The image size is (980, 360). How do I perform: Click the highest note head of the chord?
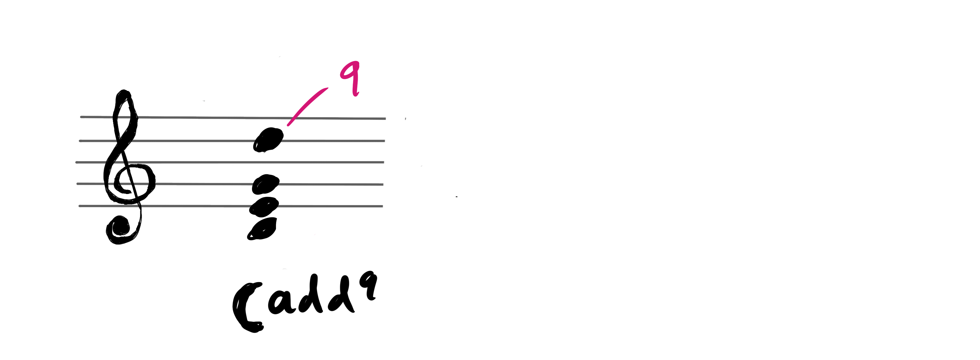(x=269, y=140)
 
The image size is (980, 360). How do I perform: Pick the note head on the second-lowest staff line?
(x=266, y=184)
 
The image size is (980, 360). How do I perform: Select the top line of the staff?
(x=233, y=118)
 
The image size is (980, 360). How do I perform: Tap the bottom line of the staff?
(x=230, y=206)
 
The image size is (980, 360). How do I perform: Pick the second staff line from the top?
(x=232, y=141)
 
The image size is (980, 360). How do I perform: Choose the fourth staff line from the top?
(x=230, y=184)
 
